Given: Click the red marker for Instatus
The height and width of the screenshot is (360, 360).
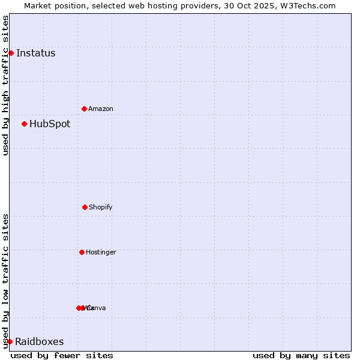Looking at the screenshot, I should click(11, 53).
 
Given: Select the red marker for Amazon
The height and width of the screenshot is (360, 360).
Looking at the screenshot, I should click(84, 109).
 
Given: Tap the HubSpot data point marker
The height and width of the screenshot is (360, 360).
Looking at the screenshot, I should click(24, 124).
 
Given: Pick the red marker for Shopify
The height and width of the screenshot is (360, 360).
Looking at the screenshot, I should click(85, 207).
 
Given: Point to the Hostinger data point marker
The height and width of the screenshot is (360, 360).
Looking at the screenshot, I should click(82, 252).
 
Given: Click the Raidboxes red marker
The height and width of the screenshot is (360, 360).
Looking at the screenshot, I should click(10, 341).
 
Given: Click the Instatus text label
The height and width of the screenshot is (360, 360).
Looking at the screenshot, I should click(35, 53).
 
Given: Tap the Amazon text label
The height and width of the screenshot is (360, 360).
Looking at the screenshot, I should click(101, 109).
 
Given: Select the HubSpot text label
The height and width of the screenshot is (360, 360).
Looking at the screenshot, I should click(50, 124).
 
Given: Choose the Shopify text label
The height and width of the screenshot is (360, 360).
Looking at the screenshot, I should click(101, 207).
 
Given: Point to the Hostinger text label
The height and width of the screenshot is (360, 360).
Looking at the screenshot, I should click(101, 252).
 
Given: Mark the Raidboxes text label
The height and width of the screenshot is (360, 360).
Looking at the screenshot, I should click(39, 342).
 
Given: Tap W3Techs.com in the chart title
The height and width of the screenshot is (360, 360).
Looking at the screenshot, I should click(309, 6).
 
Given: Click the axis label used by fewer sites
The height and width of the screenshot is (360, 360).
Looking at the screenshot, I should click(62, 355).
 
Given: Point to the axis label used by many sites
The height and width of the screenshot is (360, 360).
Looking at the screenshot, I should click(301, 355).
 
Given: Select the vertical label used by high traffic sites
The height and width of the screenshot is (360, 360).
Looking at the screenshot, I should click(5, 85).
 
